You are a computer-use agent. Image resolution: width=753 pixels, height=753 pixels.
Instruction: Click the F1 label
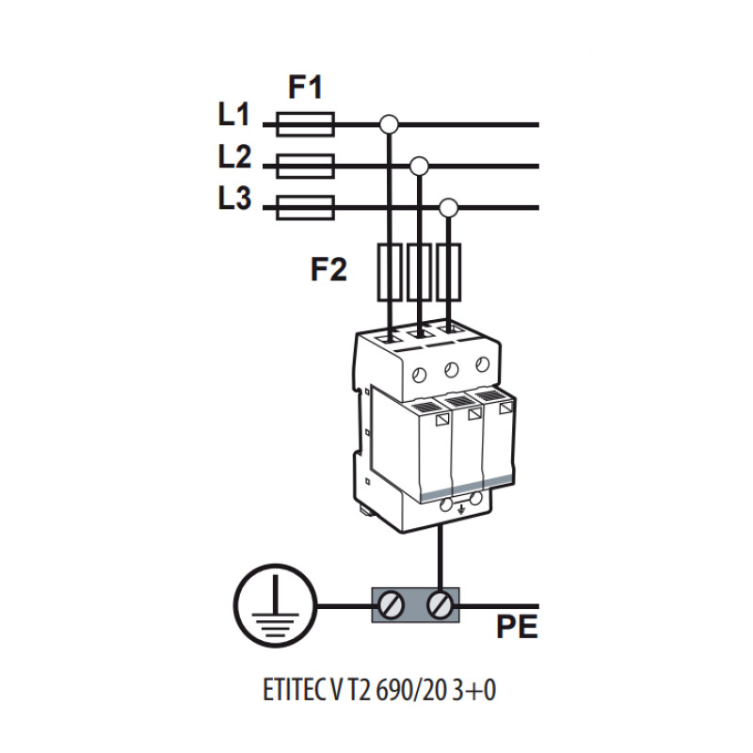point(305,87)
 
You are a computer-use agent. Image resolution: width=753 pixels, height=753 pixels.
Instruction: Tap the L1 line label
point(233,114)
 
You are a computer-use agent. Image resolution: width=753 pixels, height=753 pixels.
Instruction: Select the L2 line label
point(234,156)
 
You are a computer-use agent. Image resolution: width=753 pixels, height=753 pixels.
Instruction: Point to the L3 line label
point(234,198)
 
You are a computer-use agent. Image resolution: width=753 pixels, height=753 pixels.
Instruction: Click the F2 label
point(328,269)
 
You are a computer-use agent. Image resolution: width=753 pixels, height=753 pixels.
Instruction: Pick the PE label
point(517,626)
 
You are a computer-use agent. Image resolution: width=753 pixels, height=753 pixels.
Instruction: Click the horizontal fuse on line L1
point(305,124)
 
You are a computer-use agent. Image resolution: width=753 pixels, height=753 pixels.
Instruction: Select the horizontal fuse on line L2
point(305,167)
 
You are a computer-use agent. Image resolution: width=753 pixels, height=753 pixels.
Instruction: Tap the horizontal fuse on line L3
point(305,207)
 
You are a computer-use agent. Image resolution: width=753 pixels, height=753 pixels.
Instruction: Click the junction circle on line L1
point(389,124)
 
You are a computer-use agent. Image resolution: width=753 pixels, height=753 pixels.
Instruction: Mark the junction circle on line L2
point(419,167)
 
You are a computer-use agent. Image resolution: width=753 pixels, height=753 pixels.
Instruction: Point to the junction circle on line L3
point(449,207)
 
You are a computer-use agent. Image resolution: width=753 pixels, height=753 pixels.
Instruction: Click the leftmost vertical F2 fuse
point(390,272)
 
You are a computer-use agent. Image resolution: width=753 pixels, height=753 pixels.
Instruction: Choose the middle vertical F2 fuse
point(419,272)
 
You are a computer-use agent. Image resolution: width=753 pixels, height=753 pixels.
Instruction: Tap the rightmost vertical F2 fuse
point(449,272)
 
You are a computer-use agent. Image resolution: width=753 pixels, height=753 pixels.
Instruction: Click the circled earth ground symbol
point(276,605)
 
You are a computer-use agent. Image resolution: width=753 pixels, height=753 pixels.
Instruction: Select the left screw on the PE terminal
point(391,605)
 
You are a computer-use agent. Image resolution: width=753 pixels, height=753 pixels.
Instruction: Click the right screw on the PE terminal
point(440,605)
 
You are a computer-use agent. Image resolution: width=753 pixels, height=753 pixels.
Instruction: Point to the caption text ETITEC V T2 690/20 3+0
point(379,690)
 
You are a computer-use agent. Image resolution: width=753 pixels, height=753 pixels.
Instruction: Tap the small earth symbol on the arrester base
point(461,509)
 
